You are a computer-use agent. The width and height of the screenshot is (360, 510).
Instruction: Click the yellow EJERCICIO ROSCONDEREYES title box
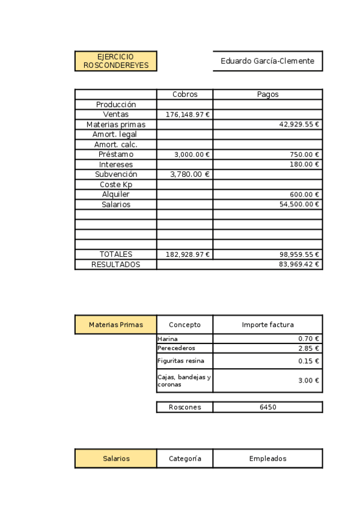(116, 61)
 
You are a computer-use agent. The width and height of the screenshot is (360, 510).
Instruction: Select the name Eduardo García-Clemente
(267, 61)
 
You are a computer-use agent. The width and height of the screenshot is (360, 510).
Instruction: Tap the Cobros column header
(185, 94)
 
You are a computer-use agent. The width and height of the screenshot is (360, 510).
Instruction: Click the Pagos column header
(267, 94)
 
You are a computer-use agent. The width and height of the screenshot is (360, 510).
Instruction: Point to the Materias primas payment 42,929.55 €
(299, 124)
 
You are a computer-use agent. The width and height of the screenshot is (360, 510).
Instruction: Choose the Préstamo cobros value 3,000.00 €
(192, 155)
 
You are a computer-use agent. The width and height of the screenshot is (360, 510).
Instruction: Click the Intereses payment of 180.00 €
(304, 164)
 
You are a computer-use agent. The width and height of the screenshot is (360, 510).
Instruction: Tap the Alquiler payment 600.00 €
(304, 194)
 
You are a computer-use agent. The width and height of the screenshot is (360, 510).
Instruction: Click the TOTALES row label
(116, 254)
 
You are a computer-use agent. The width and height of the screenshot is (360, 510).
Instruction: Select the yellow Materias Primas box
(116, 325)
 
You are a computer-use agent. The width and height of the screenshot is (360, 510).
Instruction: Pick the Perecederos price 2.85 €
(308, 348)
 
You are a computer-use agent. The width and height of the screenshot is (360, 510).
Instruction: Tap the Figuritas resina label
(180, 361)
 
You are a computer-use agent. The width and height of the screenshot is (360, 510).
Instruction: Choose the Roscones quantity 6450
(267, 407)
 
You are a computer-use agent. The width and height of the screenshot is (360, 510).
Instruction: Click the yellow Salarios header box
(116, 458)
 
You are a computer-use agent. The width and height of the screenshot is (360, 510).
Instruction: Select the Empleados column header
(267, 458)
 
